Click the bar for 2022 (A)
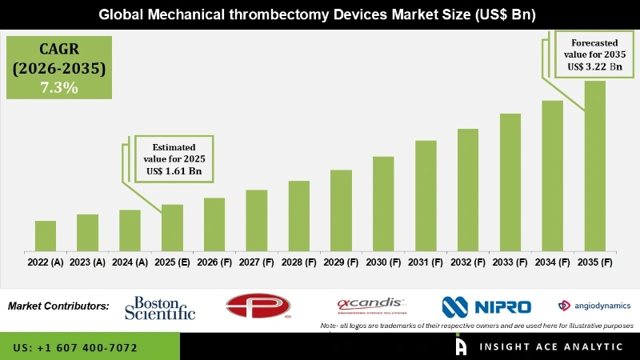pos(46,235)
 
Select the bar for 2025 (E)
pos(172,227)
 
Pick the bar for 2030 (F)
pos(383,203)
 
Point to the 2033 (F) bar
pos(510,182)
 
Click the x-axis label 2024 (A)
pos(130,262)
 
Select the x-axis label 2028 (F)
pos(298,262)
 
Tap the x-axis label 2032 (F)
pos(468,262)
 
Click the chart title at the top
pos(319,14)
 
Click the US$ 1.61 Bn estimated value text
pos(173,171)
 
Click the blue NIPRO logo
pos(486,306)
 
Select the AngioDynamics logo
pos(594,306)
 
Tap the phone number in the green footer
pos(76,348)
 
